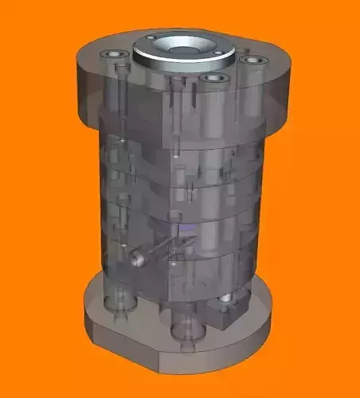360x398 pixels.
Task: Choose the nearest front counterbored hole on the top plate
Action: pyautogui.click(x=212, y=79)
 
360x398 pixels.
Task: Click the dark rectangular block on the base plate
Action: pyautogui.click(x=231, y=310)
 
